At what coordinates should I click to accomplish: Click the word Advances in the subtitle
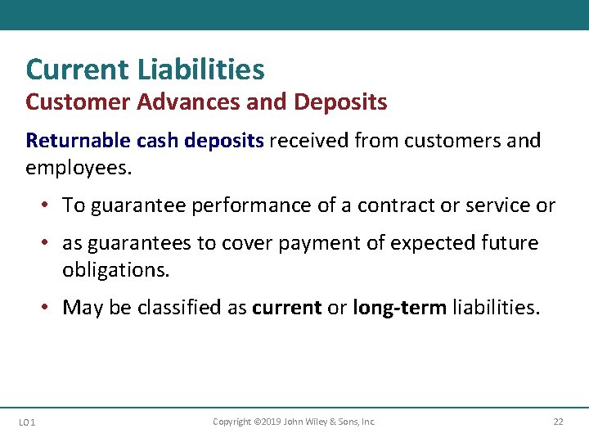pos(169,102)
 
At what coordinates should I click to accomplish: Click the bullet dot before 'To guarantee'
pos(49,205)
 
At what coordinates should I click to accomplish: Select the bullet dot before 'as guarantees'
pos(49,243)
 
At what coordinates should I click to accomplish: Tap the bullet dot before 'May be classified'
pos(49,308)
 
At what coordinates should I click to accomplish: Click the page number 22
pos(558,422)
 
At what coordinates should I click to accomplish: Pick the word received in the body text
pos(309,141)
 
